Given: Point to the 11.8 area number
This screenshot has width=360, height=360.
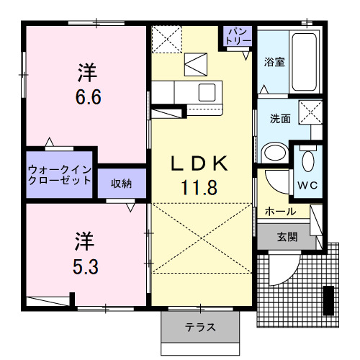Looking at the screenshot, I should click(199, 188).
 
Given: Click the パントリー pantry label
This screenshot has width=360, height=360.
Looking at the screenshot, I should click(238, 37).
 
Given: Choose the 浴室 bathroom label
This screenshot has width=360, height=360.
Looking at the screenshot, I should click(274, 62).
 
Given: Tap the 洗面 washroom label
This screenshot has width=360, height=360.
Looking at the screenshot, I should click(279, 119).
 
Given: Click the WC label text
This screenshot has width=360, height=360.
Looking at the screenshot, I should click(308, 184).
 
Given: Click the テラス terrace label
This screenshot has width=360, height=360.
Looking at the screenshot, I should click(200, 328).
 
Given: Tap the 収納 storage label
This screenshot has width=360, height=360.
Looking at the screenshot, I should click(121, 184).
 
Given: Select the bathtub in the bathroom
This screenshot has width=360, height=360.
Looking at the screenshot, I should click(305, 61).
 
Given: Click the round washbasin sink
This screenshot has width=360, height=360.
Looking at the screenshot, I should click(274, 153).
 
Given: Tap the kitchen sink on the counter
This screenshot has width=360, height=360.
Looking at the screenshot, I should click(207, 92).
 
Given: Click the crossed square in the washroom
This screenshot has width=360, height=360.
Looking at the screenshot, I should click(310, 114).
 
